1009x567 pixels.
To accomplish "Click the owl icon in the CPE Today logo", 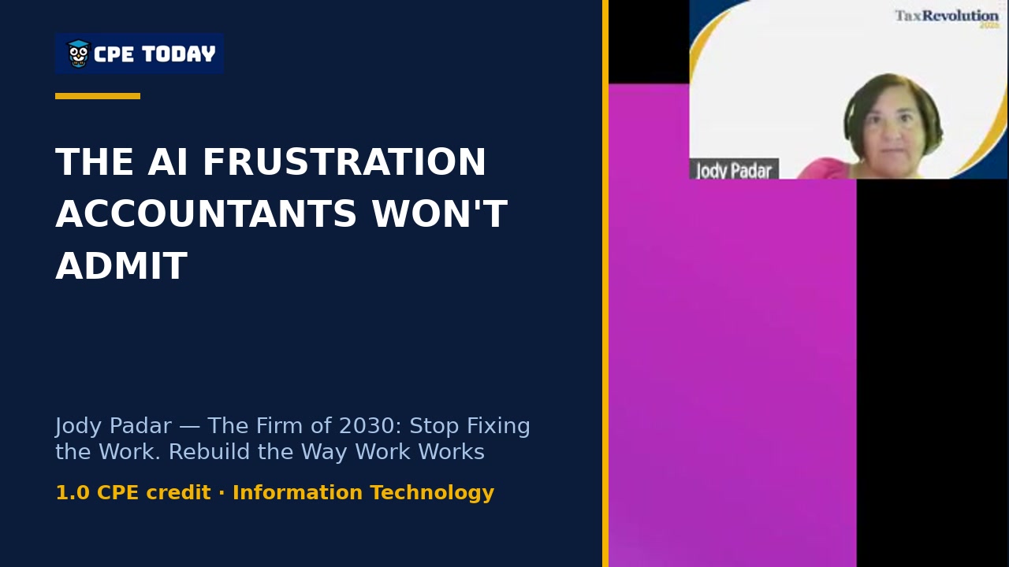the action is coord(79,54).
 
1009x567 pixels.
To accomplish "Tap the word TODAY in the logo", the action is coord(179,54).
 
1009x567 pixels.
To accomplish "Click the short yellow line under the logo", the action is coord(98,96).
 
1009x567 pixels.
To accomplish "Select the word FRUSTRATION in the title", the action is coord(344,161).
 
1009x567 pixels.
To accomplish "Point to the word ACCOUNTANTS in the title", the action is coord(207,213).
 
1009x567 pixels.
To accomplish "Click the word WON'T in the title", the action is coord(440,213).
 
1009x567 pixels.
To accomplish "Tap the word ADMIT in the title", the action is coord(121,266).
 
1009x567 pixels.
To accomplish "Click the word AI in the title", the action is coord(167,161).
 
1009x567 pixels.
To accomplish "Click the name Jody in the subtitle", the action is coord(82,427).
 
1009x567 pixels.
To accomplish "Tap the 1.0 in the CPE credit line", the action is coord(73,493).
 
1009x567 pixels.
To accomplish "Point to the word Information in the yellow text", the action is coord(298,493).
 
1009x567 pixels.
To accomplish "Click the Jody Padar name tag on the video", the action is coord(734,169).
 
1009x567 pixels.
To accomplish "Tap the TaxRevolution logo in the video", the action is coord(946,18).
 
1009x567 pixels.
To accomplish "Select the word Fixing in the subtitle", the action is coord(498,427).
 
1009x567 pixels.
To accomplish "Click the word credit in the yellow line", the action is coord(178,493).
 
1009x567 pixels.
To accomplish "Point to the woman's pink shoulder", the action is coord(825,169).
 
